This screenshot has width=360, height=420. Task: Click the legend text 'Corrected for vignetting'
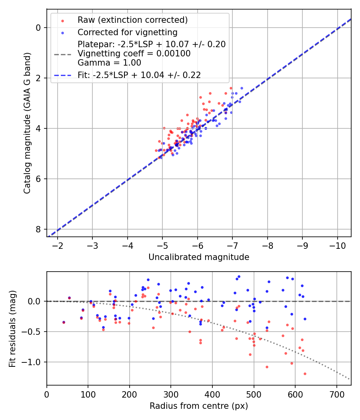point(127,32)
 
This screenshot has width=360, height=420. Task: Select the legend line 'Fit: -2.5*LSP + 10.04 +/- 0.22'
point(62,75)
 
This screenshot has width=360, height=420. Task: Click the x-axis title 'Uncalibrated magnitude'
point(199,257)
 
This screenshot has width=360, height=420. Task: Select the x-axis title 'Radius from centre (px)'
point(199,406)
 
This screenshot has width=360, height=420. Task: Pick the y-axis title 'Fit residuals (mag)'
point(12,328)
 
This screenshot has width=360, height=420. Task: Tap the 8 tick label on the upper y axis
point(38,229)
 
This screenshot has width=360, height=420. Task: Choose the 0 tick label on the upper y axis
point(38,28)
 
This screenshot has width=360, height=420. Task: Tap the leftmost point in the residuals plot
point(63,322)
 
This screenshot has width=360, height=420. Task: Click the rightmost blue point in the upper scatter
point(242,88)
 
